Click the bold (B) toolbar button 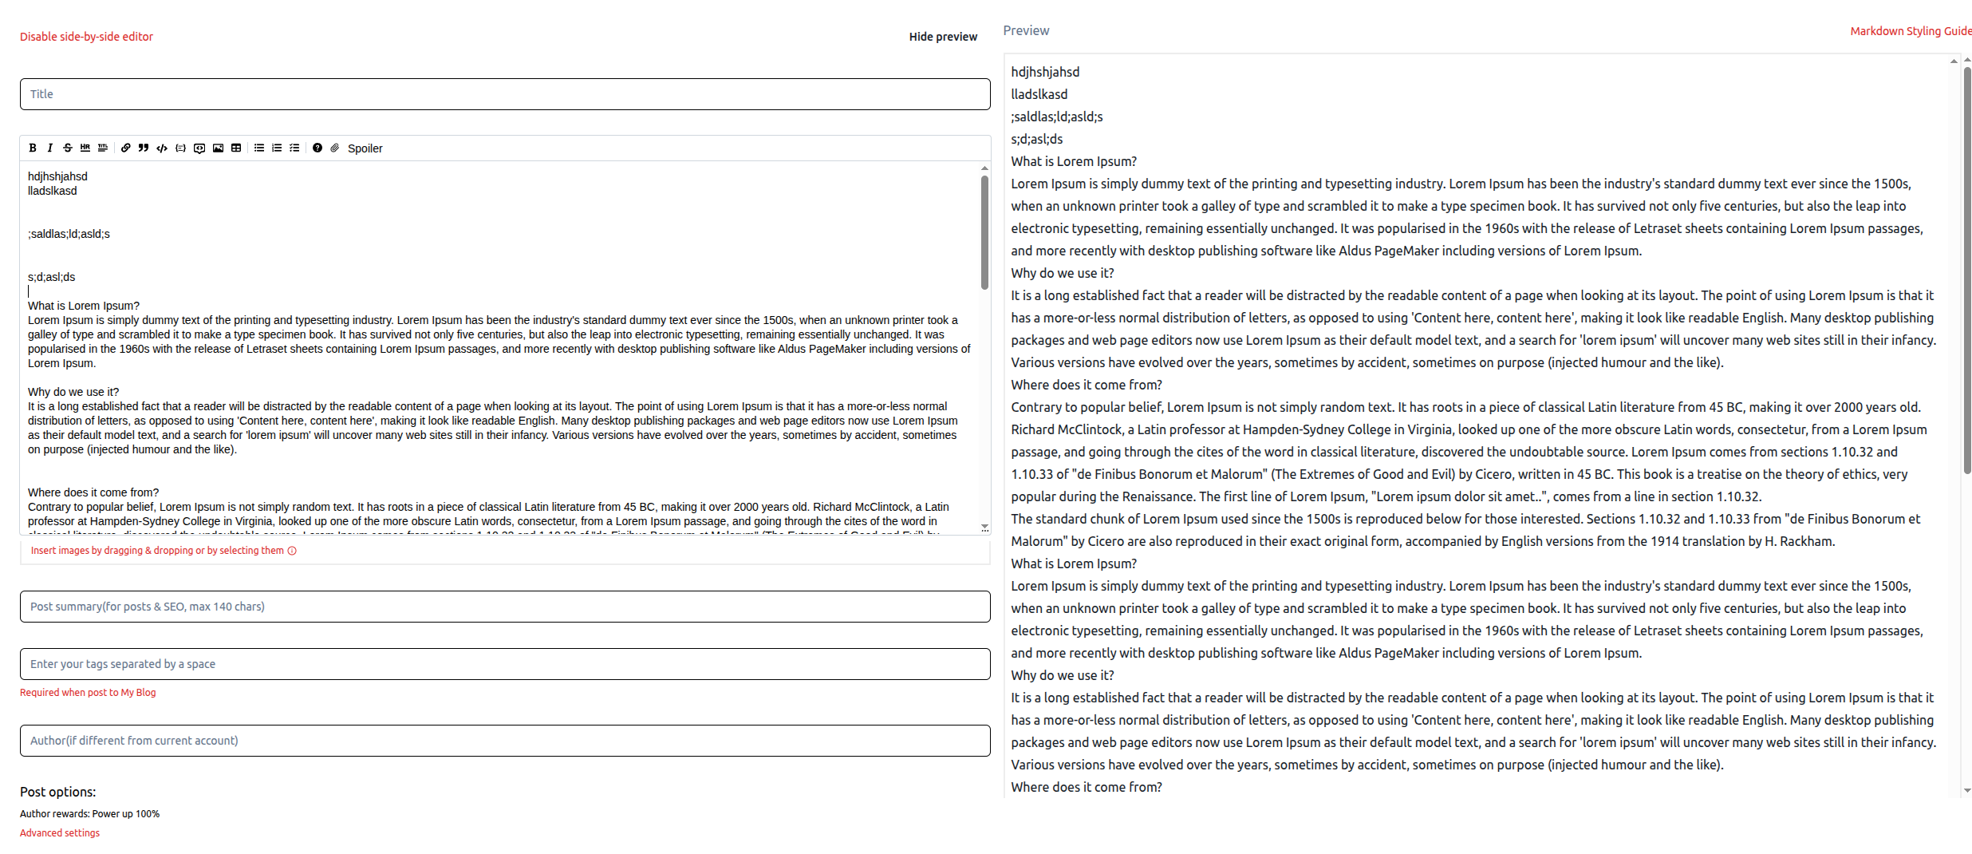[33, 148]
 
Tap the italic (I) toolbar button [50, 148]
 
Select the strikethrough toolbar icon [68, 148]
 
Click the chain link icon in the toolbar [126, 148]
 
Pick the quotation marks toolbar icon [144, 148]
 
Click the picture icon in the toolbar [218, 148]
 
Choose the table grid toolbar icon [236, 148]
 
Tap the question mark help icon [317, 148]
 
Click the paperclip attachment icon [335, 148]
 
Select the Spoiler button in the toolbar [365, 148]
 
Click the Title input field [505, 94]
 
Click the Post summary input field [505, 607]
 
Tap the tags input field [505, 664]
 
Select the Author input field [505, 741]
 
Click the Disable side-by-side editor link [86, 37]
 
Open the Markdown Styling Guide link [1910, 31]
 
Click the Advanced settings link [60, 832]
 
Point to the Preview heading [1026, 30]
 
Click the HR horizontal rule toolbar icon [85, 148]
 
